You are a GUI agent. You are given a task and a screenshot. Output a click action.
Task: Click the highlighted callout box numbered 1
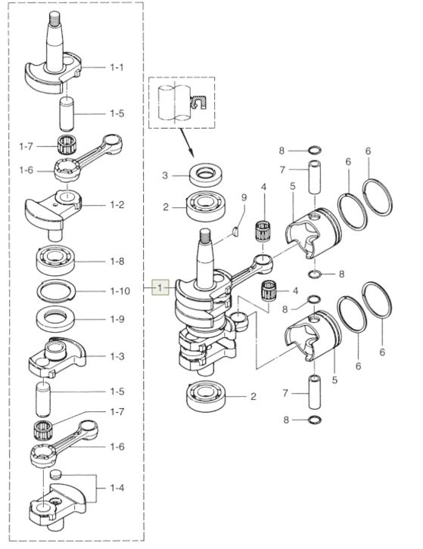click(160, 288)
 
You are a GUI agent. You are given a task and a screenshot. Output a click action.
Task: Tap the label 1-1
click(117, 67)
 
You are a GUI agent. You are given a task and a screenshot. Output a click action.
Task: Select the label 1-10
click(120, 291)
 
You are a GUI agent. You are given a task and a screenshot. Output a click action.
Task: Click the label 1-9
click(117, 319)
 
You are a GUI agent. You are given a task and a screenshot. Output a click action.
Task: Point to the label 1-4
click(117, 488)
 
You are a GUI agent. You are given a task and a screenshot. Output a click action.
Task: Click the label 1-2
click(117, 205)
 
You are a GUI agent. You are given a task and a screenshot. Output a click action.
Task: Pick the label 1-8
click(117, 261)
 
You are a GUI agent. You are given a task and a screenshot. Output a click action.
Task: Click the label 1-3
click(117, 356)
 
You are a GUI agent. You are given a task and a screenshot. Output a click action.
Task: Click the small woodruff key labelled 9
click(236, 231)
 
